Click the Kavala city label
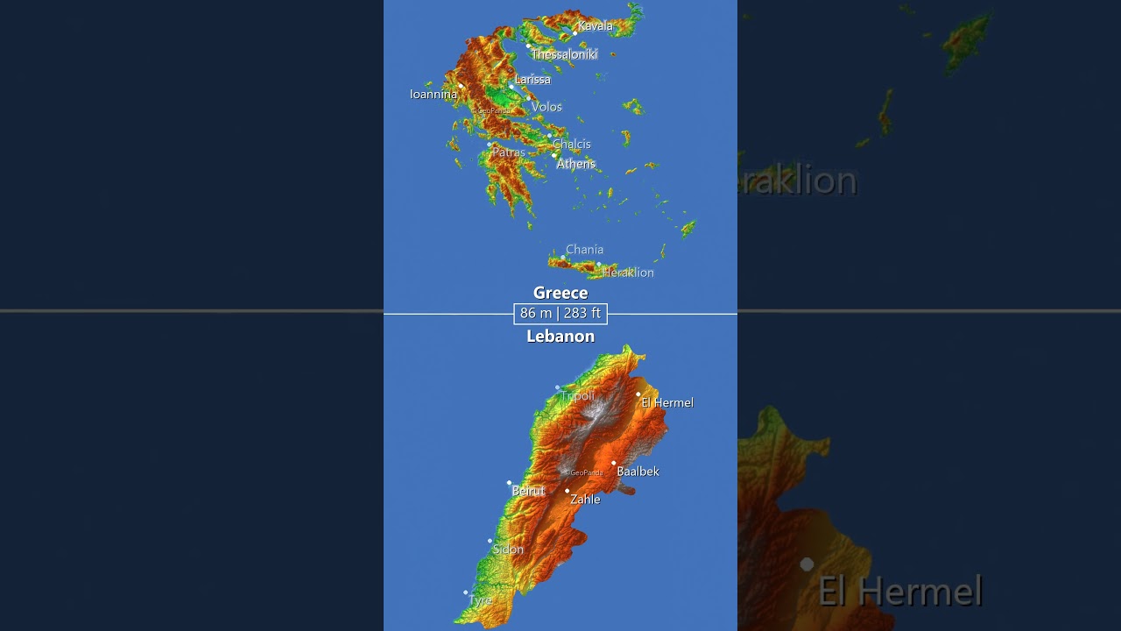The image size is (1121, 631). [x=596, y=26]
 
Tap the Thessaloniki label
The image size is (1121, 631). [x=564, y=54]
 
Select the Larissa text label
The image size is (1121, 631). [x=532, y=80]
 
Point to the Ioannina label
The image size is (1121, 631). [x=434, y=94]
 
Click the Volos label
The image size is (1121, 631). [x=546, y=107]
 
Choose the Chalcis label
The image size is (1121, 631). [x=572, y=145]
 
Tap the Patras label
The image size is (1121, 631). [x=509, y=152]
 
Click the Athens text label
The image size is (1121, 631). [x=576, y=164]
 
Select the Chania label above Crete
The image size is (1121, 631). [x=584, y=250]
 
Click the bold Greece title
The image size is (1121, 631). [x=560, y=293]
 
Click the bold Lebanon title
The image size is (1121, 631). [x=560, y=337]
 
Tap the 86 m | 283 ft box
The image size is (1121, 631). [x=560, y=313]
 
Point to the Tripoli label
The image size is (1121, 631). [x=578, y=396]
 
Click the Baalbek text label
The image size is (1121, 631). [x=638, y=471]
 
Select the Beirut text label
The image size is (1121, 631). [x=528, y=492]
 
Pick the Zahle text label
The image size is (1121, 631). [x=585, y=500]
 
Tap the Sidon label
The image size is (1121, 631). [x=508, y=549]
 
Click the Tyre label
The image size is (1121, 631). [x=481, y=600]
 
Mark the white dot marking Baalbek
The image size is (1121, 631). [x=614, y=463]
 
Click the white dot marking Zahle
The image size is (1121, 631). [x=568, y=491]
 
